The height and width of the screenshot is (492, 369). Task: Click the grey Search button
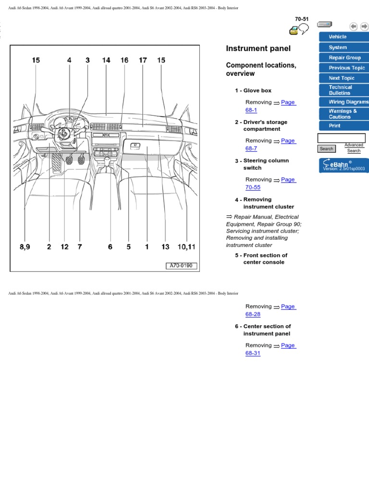point(327,149)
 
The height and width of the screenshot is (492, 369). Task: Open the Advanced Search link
point(354,148)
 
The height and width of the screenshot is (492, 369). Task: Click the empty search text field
point(341,138)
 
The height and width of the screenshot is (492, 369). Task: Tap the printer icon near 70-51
point(293,31)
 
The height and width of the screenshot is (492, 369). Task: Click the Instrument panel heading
point(258,49)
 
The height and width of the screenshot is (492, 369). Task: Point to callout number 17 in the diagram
point(143,60)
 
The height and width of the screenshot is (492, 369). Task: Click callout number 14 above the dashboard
point(106,60)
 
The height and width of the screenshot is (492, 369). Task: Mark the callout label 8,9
point(25,247)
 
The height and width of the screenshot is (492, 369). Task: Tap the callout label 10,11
point(186,247)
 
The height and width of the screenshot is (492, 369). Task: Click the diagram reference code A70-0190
point(182,266)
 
